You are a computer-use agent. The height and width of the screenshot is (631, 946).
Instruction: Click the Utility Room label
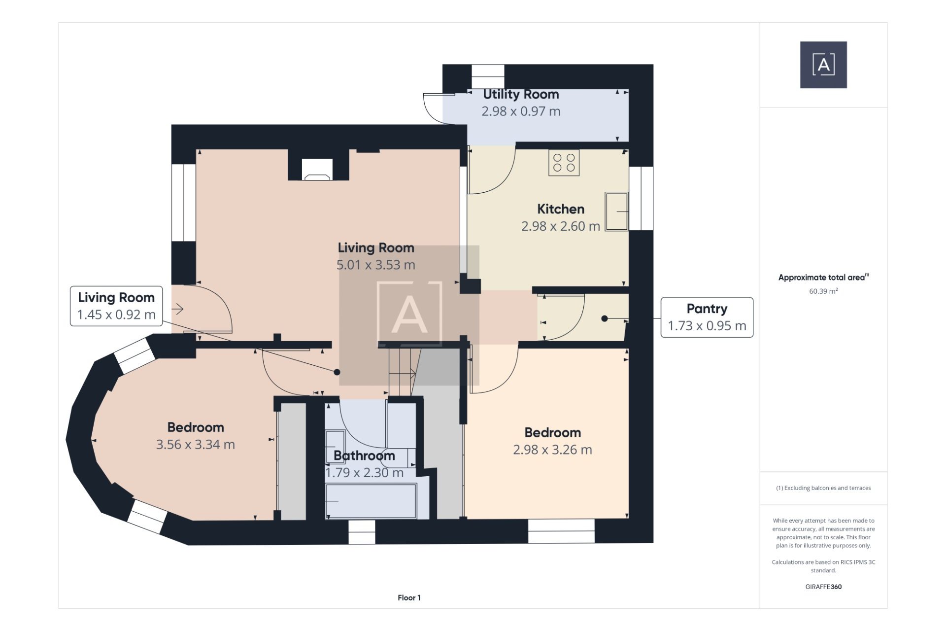click(520, 94)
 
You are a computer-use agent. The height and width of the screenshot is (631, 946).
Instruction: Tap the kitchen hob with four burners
click(564, 163)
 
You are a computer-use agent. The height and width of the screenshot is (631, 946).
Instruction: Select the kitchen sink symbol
click(616, 211)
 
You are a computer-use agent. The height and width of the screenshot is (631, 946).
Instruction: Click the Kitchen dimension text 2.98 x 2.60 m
click(560, 226)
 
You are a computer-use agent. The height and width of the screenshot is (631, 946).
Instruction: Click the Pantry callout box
click(706, 317)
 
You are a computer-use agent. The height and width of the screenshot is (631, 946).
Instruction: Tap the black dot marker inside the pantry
click(605, 318)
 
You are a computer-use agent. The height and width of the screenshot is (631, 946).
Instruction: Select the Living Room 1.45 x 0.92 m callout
click(116, 306)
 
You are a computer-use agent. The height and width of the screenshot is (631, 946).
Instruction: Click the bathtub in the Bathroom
click(371, 501)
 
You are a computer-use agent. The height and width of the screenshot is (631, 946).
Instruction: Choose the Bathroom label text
click(364, 456)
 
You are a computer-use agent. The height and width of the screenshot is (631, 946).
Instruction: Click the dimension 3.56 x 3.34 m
click(195, 445)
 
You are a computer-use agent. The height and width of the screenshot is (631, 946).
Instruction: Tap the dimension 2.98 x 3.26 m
click(552, 450)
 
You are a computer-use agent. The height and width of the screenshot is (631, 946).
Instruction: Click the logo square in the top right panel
click(823, 65)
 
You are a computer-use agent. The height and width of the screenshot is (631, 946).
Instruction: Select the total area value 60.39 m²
click(823, 291)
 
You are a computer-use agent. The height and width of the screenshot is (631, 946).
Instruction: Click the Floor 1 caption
click(409, 597)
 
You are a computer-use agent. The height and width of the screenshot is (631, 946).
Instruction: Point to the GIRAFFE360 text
click(823, 587)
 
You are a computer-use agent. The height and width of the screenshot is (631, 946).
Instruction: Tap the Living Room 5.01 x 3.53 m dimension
click(375, 265)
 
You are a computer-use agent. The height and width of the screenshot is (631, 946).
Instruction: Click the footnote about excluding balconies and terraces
click(823, 488)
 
